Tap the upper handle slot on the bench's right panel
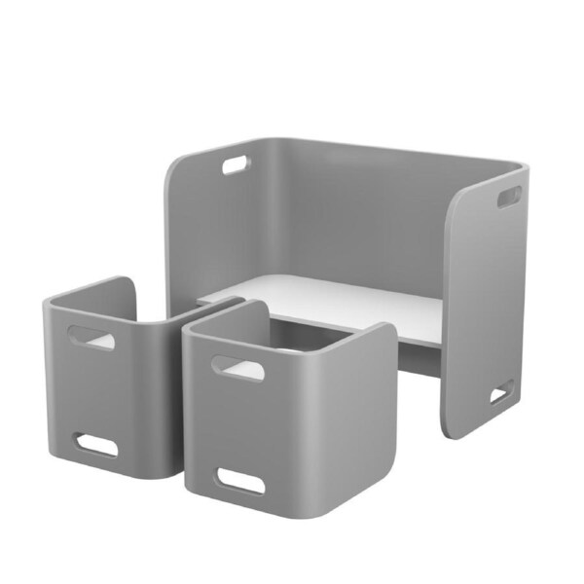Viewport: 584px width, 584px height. [x=509, y=197]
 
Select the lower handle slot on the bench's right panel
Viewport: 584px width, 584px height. [x=500, y=394]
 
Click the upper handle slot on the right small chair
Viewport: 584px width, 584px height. [x=237, y=368]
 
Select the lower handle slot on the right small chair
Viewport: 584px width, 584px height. [x=239, y=480]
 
